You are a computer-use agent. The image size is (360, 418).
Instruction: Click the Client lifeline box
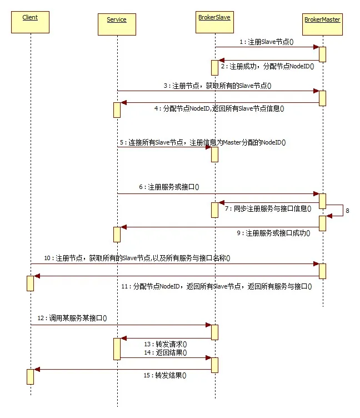coord(30,22)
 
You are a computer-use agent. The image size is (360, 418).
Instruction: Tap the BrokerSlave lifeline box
coord(214,22)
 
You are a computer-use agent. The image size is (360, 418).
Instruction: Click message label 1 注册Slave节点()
coord(266,42)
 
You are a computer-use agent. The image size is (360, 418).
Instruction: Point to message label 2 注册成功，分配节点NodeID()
coord(267,66)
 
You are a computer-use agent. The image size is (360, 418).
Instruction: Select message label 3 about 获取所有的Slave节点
coord(221,86)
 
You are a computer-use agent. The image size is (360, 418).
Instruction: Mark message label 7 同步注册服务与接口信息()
coord(269,209)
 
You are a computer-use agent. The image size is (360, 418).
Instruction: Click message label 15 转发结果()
coord(165,375)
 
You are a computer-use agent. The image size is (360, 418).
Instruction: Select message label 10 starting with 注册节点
coord(137,258)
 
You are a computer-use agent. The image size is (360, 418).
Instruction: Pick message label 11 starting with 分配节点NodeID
coord(216,286)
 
